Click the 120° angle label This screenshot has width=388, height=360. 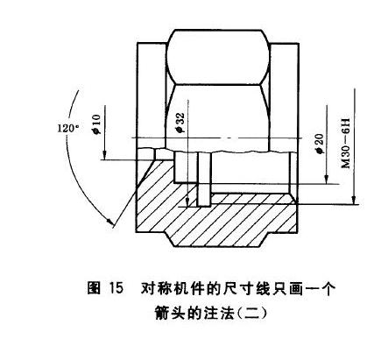coord(68,128)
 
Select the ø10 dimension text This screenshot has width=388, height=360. coord(96,124)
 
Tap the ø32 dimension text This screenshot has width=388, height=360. coord(180,122)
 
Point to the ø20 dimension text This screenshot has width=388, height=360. coord(319,144)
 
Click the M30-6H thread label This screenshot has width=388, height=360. coord(345,144)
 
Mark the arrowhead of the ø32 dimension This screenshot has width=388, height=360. coord(188,201)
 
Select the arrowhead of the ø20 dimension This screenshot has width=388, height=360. coord(327,179)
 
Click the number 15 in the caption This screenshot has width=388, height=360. coord(116,288)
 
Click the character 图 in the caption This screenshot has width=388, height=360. coord(94,288)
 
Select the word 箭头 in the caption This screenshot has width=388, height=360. coord(170,313)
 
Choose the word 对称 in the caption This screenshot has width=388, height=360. coord(156,288)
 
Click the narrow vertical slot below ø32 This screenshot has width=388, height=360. coord(204,180)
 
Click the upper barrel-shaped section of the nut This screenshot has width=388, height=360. coord(218,58)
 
